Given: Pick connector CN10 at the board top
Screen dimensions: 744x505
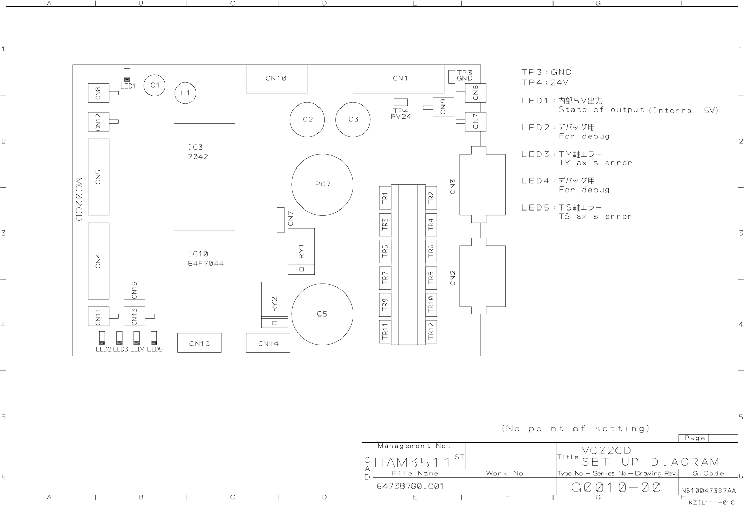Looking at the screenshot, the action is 277,79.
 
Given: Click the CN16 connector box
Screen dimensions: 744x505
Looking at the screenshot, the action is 199,343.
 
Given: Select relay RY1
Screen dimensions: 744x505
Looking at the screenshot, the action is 301,251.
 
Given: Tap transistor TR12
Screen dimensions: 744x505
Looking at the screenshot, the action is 431,331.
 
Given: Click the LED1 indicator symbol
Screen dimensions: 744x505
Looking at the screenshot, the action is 126,75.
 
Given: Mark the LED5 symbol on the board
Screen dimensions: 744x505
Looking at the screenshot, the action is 154,338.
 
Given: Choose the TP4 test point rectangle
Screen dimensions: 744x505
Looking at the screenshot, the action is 400,102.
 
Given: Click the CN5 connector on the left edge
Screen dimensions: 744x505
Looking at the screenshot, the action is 98,177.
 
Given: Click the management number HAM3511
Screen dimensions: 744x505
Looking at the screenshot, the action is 412,462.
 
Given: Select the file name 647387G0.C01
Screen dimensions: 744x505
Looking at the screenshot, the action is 410,486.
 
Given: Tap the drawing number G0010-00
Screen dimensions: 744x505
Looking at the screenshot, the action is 616,488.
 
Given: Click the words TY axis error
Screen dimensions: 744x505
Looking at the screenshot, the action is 595,163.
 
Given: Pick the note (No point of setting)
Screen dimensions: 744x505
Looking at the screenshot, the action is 576,428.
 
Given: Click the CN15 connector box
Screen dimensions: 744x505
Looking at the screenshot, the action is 135,289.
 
